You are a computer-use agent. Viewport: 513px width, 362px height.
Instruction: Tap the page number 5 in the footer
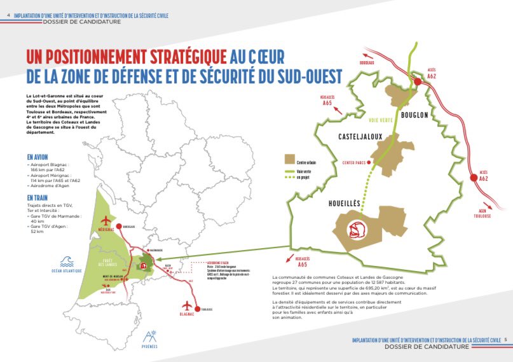(504, 340)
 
